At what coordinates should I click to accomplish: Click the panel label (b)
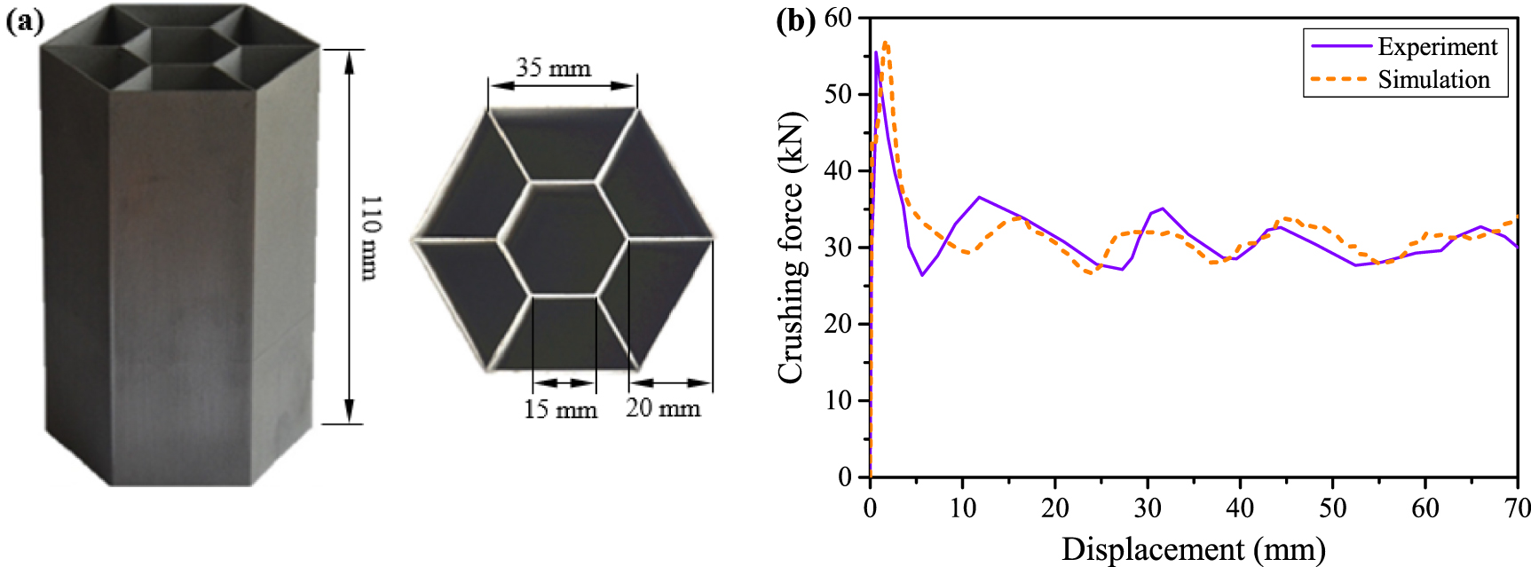coord(795,20)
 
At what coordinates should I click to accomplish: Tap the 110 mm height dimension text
coord(370,237)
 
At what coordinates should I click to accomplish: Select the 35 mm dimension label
coord(554,67)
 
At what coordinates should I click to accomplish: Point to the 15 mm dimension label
coord(560,409)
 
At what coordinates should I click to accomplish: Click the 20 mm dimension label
coord(663,407)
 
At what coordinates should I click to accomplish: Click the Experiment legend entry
coord(1437,46)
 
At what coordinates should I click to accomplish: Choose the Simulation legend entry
coord(1433,80)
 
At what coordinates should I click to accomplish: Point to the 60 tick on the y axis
coord(839,18)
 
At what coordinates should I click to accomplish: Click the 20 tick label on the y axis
coord(839,324)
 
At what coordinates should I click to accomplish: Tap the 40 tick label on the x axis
coord(1240,508)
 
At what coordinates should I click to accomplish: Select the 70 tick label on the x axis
coord(1518,508)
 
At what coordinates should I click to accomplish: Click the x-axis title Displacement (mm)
coord(1193,548)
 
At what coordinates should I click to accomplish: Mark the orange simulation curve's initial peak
coord(886,43)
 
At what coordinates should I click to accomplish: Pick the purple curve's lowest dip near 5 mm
coord(922,275)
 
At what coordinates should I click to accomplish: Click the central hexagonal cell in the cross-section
coord(564,237)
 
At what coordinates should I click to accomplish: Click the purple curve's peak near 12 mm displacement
coord(979,197)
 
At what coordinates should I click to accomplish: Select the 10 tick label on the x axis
coord(962,508)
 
